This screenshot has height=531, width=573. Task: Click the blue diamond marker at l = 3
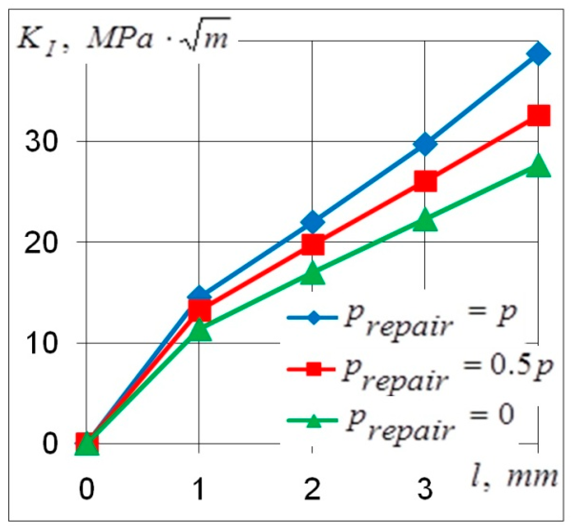pos(425,143)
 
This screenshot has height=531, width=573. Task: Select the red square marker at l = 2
pos(312,245)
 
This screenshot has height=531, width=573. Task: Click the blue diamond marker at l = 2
pos(312,222)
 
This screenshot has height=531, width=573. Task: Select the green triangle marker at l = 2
pos(312,273)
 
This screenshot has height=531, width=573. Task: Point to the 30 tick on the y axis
pos(41,142)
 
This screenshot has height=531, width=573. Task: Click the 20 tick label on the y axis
pos(41,242)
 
